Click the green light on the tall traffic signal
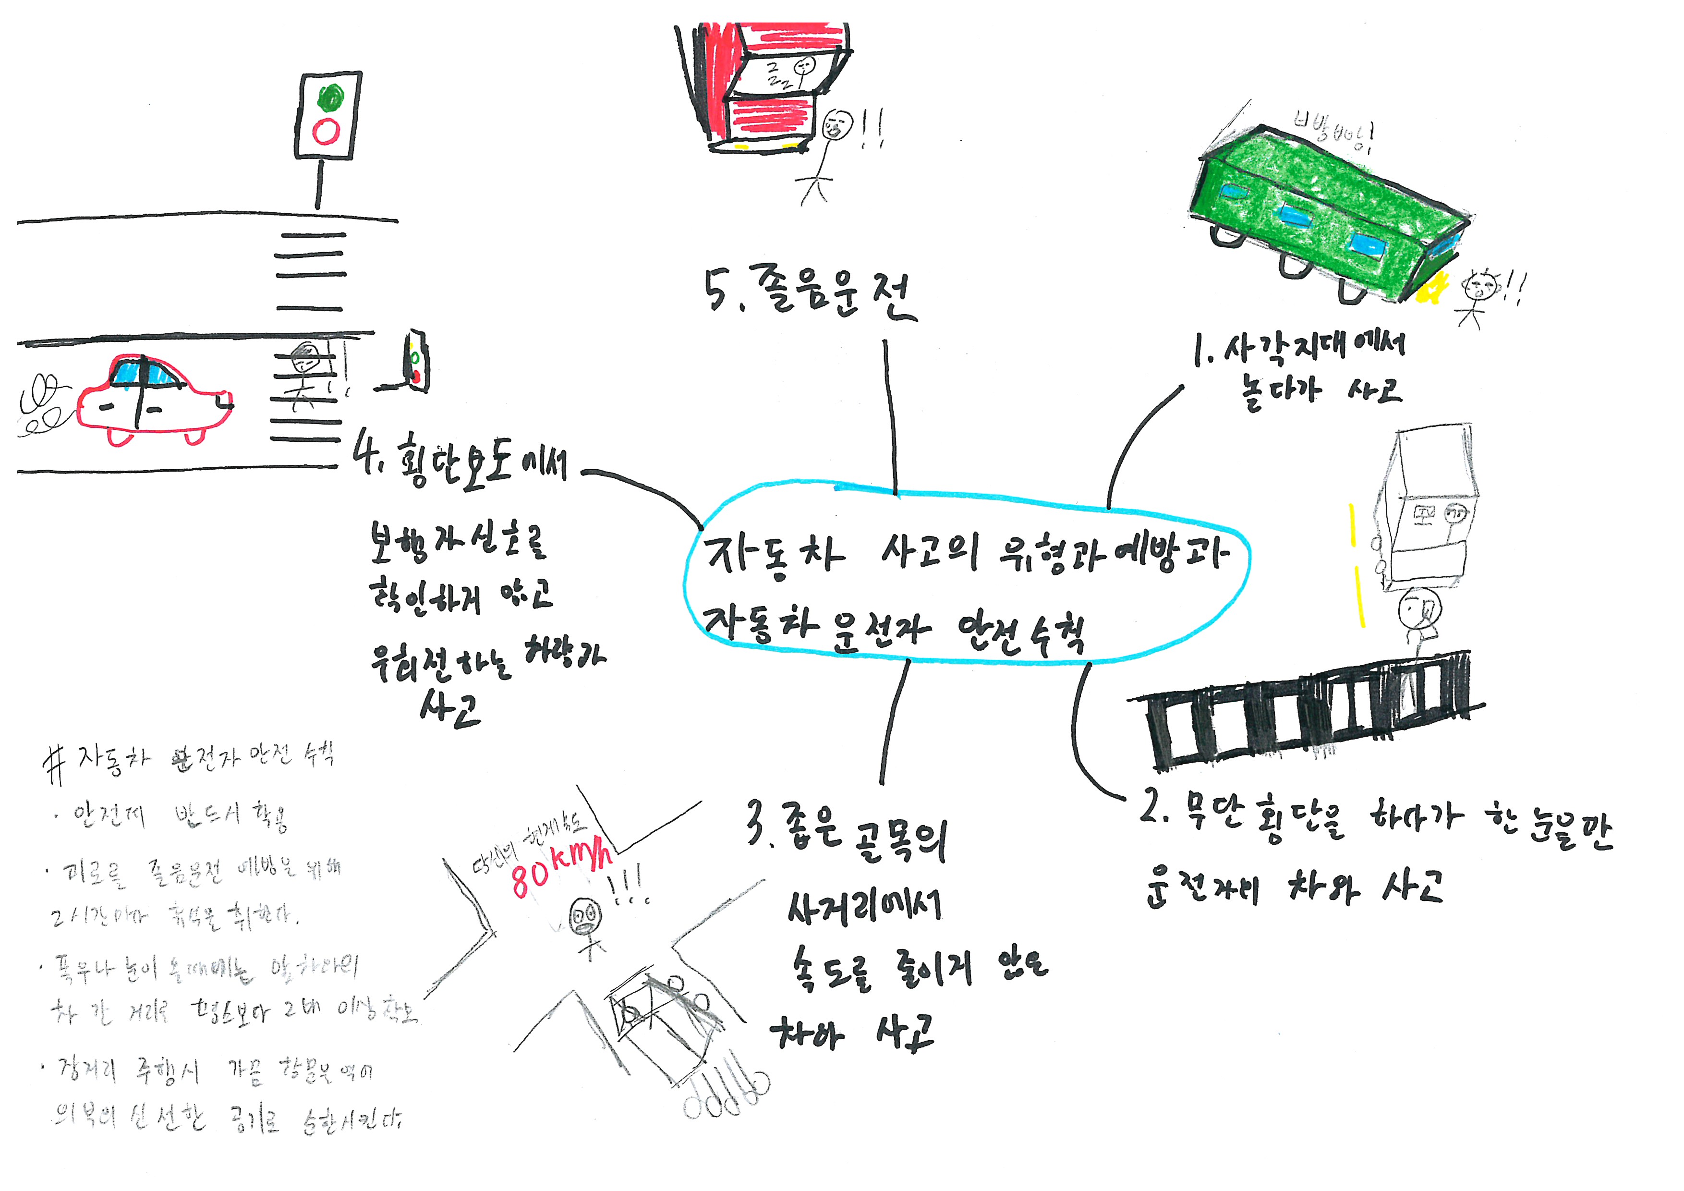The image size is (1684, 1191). (331, 97)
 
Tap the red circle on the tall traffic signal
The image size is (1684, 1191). (326, 132)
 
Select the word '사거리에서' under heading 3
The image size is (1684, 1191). (864, 907)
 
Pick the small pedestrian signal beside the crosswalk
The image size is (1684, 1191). (416, 362)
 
